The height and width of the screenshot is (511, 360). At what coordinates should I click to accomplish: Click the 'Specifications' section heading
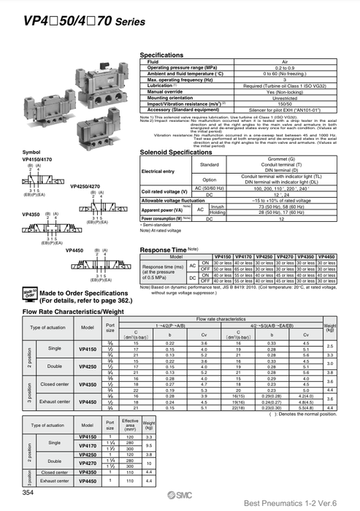click(161, 55)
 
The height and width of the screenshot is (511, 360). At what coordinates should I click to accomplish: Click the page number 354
click(28, 493)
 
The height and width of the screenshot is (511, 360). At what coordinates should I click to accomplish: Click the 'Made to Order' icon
click(28, 294)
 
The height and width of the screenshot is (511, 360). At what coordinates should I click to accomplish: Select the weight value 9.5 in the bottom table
click(148, 445)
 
